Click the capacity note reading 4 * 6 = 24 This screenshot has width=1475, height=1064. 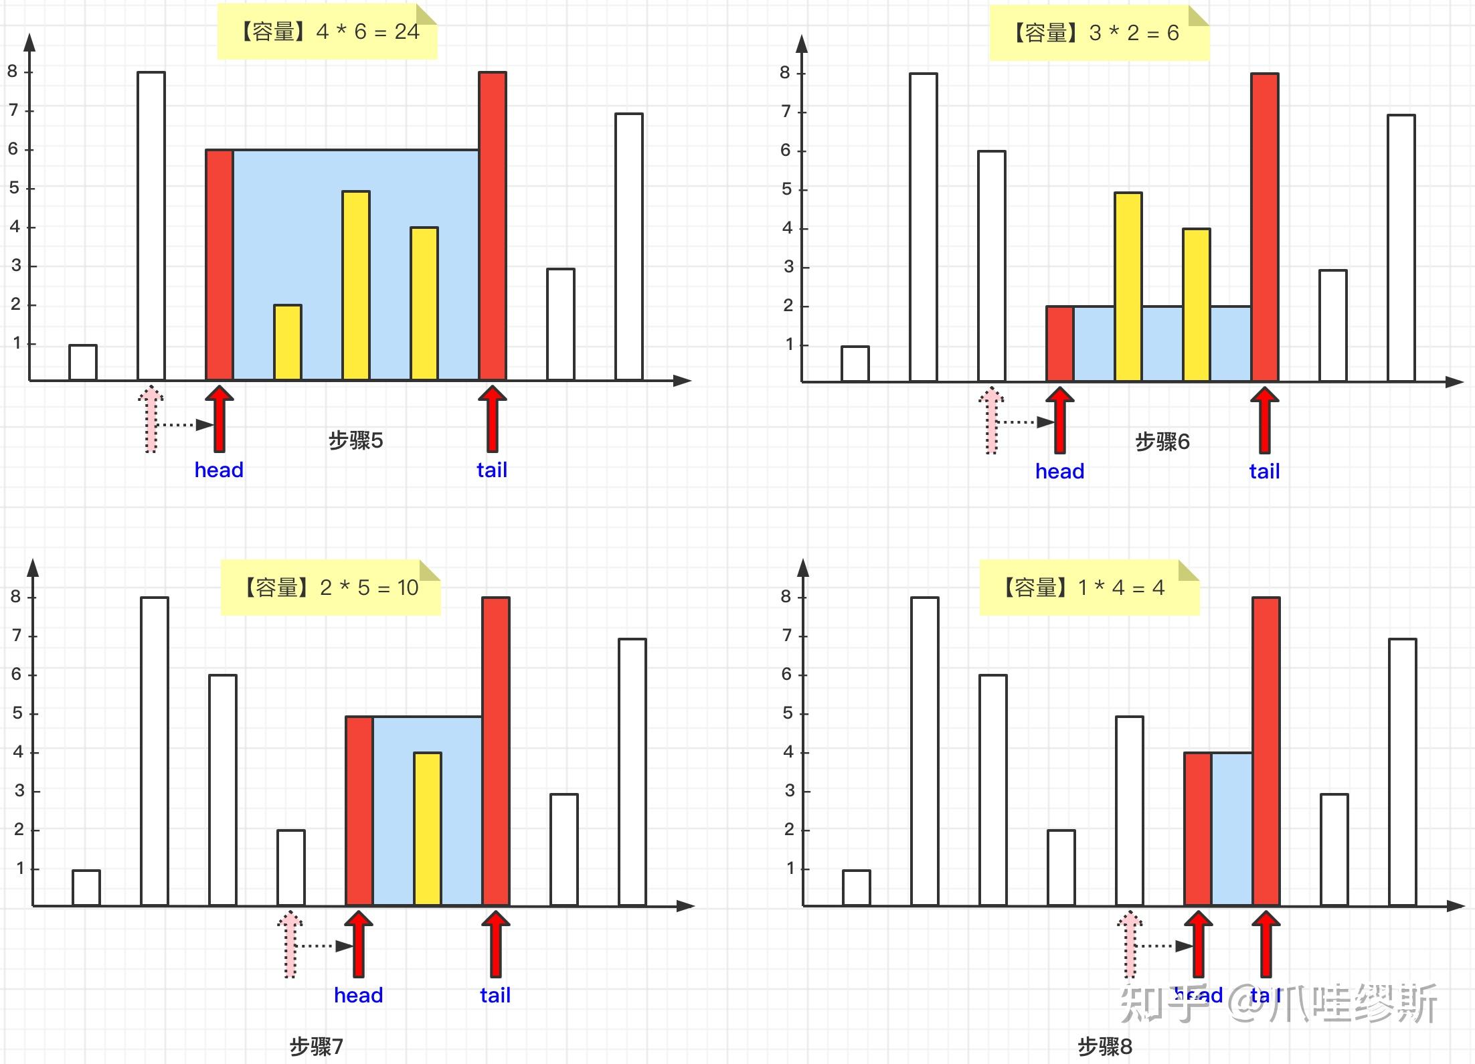pos(327,31)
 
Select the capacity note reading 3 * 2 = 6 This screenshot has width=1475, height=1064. pos(1098,33)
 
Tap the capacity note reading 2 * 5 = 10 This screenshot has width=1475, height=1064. pos(330,588)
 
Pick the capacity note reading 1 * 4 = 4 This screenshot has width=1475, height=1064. pos(1089,588)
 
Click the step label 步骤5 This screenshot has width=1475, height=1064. pos(355,440)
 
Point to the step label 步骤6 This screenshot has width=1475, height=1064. pos(1162,442)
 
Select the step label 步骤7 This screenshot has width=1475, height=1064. pos(316,1046)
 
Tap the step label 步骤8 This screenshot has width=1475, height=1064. pos(1104,1046)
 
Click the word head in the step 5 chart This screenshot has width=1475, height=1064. pos(219,470)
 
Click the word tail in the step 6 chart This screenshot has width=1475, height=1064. pos(1264,471)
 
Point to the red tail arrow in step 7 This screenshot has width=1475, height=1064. pos(495,944)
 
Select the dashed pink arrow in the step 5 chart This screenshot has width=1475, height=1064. pos(151,419)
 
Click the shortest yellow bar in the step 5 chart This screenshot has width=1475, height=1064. pos(288,343)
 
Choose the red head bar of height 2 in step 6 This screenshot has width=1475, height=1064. pos(1059,344)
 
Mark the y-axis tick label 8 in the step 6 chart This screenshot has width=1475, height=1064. pos(785,73)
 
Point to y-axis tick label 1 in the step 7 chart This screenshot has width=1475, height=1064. pos(20,869)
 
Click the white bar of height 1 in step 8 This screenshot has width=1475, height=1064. pos(856,887)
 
